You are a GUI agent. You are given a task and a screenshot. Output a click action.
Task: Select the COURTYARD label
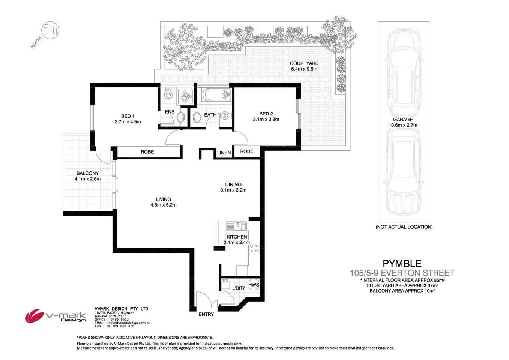[x=304, y=63]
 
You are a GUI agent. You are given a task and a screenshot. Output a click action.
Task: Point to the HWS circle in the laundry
[x=254, y=285]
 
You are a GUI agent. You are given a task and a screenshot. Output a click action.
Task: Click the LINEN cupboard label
[x=224, y=153]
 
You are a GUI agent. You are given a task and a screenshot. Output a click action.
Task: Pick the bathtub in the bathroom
[x=216, y=95]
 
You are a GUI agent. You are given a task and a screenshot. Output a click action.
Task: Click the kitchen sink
[x=236, y=226]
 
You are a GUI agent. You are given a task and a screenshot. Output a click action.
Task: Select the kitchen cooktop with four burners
[x=254, y=248]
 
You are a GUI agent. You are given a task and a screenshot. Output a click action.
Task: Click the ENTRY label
[x=206, y=314]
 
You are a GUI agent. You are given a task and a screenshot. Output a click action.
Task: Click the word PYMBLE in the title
[x=402, y=264]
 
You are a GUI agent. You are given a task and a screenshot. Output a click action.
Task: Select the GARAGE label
[x=403, y=120]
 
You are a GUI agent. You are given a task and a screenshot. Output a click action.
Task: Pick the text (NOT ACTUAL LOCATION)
[x=404, y=227]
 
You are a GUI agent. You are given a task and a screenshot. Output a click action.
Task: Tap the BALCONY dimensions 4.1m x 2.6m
[x=87, y=179]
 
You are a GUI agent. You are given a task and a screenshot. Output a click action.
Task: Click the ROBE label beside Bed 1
[x=147, y=152]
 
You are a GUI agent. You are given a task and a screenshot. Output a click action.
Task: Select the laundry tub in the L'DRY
[x=226, y=285]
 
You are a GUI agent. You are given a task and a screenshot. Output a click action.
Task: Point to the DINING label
[x=233, y=184]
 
